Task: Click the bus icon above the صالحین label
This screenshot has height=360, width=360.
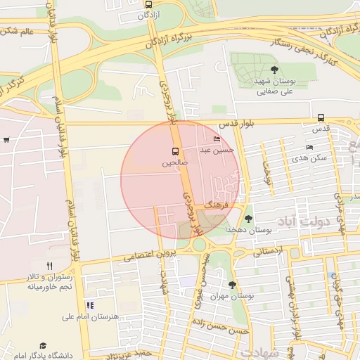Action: (x=174, y=151)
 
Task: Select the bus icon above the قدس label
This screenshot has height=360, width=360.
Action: (x=321, y=117)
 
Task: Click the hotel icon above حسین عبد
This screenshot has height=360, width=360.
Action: (x=216, y=139)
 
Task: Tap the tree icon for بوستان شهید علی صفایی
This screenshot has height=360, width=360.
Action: (x=274, y=70)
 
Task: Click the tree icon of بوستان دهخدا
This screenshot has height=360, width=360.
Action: (x=247, y=219)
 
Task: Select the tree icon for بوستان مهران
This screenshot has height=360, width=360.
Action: (x=233, y=285)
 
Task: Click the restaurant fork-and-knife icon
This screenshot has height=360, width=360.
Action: (x=49, y=266)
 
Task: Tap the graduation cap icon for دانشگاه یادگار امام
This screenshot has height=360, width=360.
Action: (x=44, y=346)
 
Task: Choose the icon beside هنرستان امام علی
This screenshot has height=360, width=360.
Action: (x=89, y=305)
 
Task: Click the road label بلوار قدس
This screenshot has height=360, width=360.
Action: (x=235, y=123)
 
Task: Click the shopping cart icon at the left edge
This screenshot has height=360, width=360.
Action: (x=6, y=139)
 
